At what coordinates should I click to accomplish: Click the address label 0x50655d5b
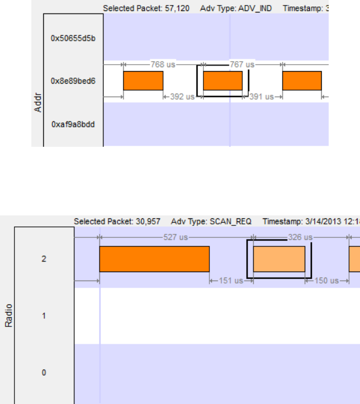pos(73,37)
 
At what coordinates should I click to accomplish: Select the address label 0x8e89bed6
pos(73,81)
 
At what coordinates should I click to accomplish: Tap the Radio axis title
pos(8,315)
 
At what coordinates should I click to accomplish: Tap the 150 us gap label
pos(328,281)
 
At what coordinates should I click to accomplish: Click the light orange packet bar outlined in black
pos(279,259)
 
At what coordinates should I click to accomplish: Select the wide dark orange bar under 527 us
pos(154,259)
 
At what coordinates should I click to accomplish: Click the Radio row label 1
pos(44,315)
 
